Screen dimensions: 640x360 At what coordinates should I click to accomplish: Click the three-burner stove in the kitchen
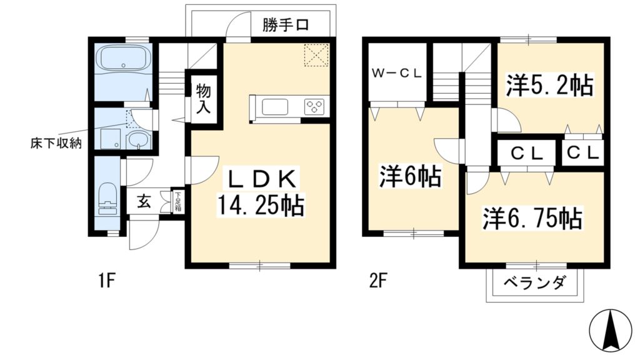(315, 106)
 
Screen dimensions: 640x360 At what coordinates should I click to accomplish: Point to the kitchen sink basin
(275, 107)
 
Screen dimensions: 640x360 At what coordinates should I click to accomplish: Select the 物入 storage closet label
(203, 99)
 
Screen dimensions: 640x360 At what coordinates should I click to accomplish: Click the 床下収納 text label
(56, 143)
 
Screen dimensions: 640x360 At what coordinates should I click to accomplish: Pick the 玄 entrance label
(143, 201)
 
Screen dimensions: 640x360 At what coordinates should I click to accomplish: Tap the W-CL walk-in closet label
(396, 74)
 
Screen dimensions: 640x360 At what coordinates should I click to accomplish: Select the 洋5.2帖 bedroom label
(549, 85)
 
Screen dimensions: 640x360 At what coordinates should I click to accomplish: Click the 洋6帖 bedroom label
(410, 176)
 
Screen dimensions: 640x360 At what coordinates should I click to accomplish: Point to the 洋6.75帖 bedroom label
(532, 218)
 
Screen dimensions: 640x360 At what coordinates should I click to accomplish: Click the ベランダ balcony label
(535, 282)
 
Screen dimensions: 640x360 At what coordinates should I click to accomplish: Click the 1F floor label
(107, 281)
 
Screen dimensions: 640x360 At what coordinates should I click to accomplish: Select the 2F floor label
(377, 281)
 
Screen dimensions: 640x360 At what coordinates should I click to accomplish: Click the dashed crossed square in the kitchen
(317, 55)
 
